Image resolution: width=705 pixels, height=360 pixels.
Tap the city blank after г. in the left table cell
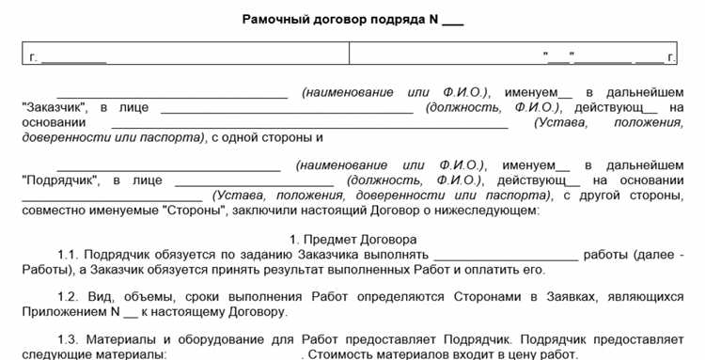[73, 58]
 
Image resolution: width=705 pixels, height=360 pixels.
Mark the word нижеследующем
[488, 211]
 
